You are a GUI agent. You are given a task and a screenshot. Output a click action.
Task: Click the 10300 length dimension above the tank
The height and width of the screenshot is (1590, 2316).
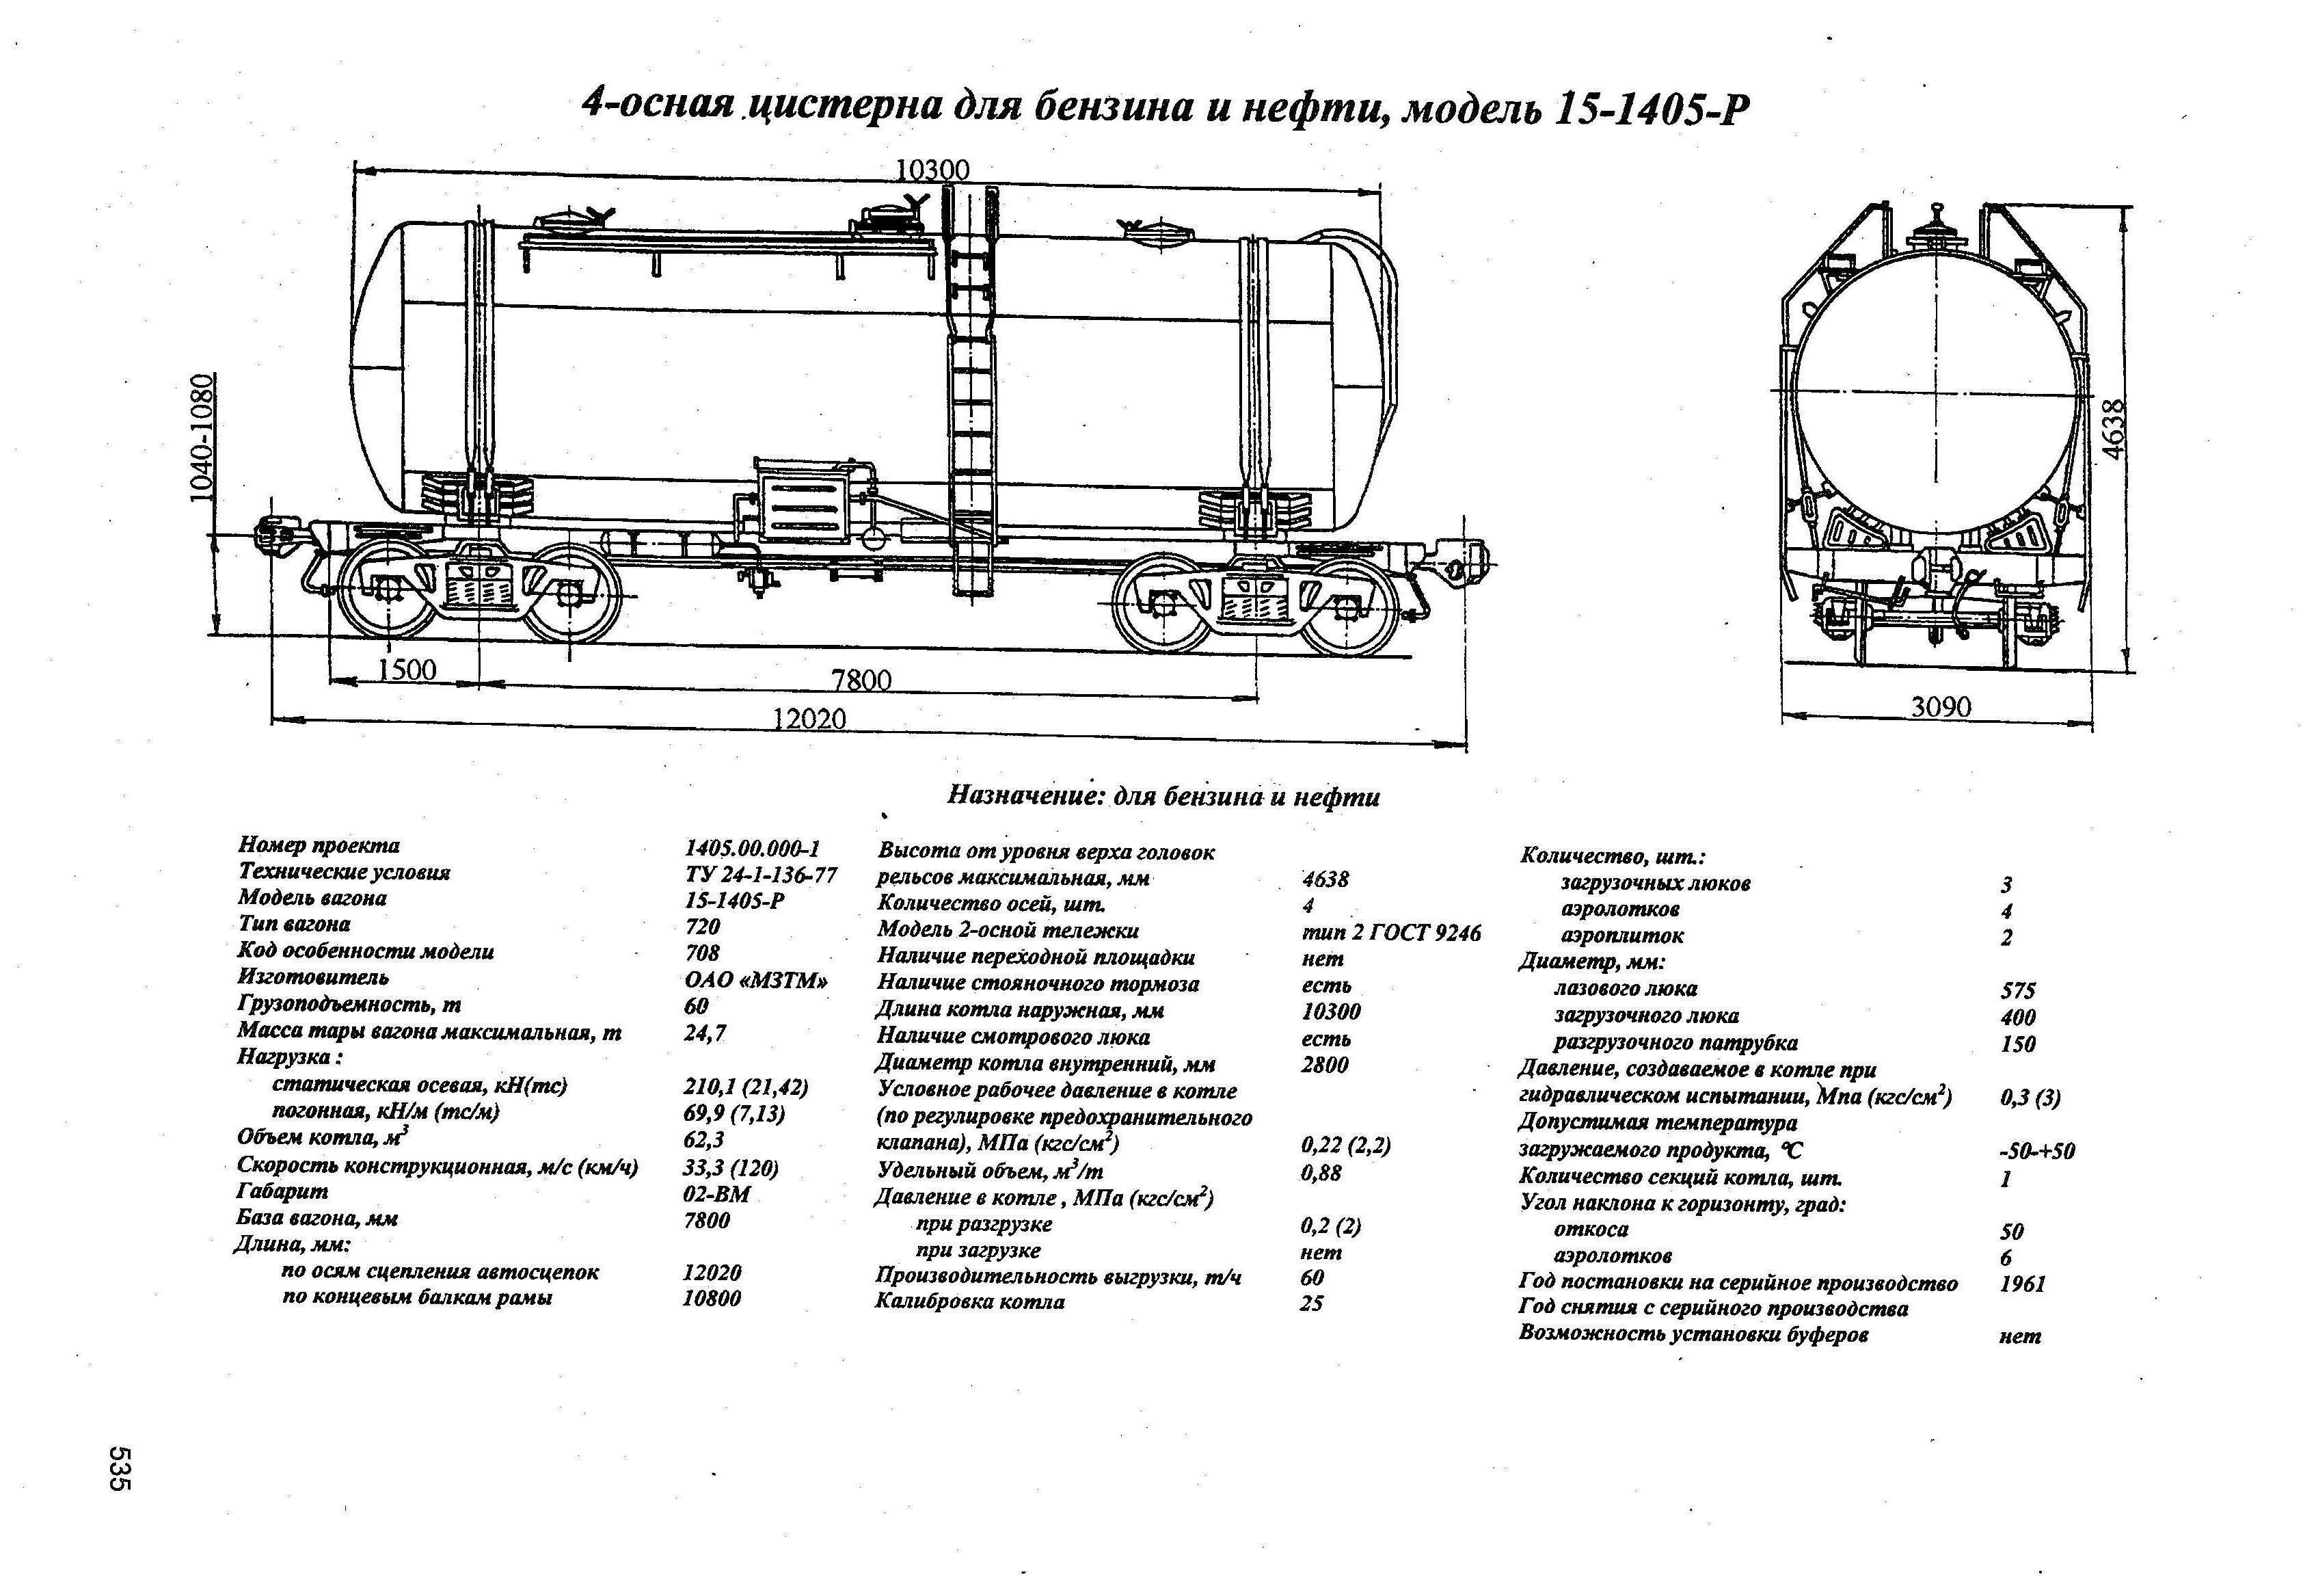[x=932, y=170]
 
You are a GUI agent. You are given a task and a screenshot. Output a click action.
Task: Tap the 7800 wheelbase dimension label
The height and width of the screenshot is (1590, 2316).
[x=861, y=681]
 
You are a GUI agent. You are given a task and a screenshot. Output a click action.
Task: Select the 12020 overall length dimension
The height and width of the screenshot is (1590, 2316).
[x=809, y=718]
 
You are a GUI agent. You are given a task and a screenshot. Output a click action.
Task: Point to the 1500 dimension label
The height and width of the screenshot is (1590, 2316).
[x=407, y=669]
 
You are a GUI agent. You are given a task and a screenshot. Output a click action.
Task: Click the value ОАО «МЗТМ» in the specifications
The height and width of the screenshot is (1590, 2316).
[x=756, y=980]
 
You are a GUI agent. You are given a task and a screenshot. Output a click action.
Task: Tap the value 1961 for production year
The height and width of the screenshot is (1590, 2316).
[x=2022, y=1284]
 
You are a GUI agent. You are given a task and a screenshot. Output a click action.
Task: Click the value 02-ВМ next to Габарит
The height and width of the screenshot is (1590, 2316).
[x=716, y=1194]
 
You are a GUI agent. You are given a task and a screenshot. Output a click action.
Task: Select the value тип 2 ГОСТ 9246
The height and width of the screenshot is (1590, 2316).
[x=1391, y=932]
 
